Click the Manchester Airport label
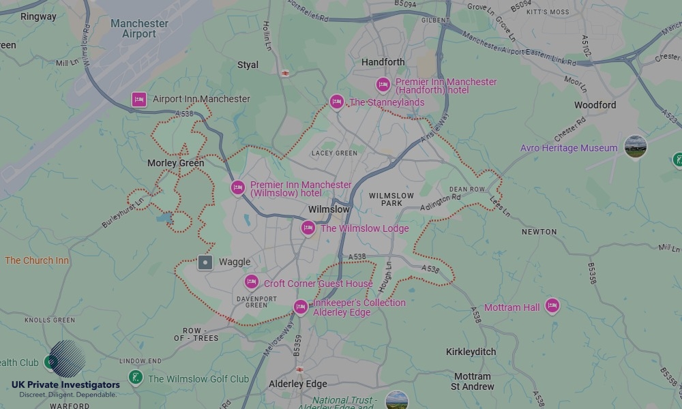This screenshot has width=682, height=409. [139, 29]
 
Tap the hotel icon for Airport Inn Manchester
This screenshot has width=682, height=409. [139, 100]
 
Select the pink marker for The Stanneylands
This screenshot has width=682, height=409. [336, 102]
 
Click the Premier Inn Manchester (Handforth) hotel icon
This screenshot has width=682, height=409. [383, 85]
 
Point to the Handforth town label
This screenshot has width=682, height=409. [383, 62]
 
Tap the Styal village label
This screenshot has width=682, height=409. [248, 65]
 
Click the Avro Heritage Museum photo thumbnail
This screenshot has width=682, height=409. [635, 147]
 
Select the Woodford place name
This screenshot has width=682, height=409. [595, 105]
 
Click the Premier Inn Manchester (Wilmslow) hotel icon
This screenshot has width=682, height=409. [237, 187]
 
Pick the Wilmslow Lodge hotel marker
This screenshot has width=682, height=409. [308, 228]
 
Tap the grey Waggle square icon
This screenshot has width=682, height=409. [205, 262]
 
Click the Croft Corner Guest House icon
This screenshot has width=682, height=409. [252, 282]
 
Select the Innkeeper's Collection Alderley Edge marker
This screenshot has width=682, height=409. [300, 307]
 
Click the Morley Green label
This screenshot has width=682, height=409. [175, 164]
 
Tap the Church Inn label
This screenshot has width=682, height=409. [37, 260]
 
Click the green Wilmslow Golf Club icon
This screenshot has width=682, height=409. [135, 378]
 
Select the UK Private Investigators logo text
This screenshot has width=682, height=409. [65, 384]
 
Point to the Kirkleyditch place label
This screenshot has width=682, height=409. [471, 352]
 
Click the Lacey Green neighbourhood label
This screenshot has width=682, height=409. [334, 153]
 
